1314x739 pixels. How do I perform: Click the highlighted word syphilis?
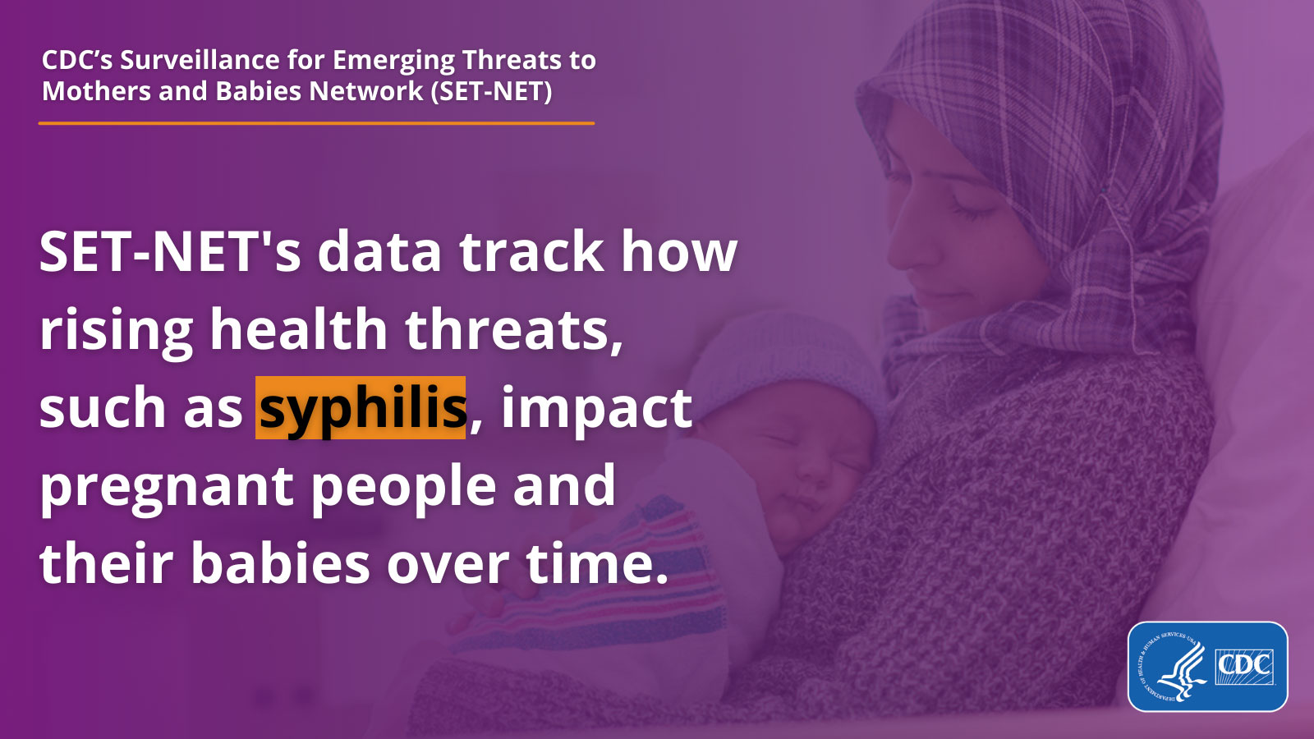tap(361, 408)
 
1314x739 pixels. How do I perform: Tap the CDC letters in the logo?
tap(1244, 664)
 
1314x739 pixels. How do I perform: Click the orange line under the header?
tap(316, 123)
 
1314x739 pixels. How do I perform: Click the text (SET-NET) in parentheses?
tap(491, 90)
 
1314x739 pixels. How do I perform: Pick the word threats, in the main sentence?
tap(514, 330)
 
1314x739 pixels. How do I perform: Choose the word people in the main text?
tap(403, 487)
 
